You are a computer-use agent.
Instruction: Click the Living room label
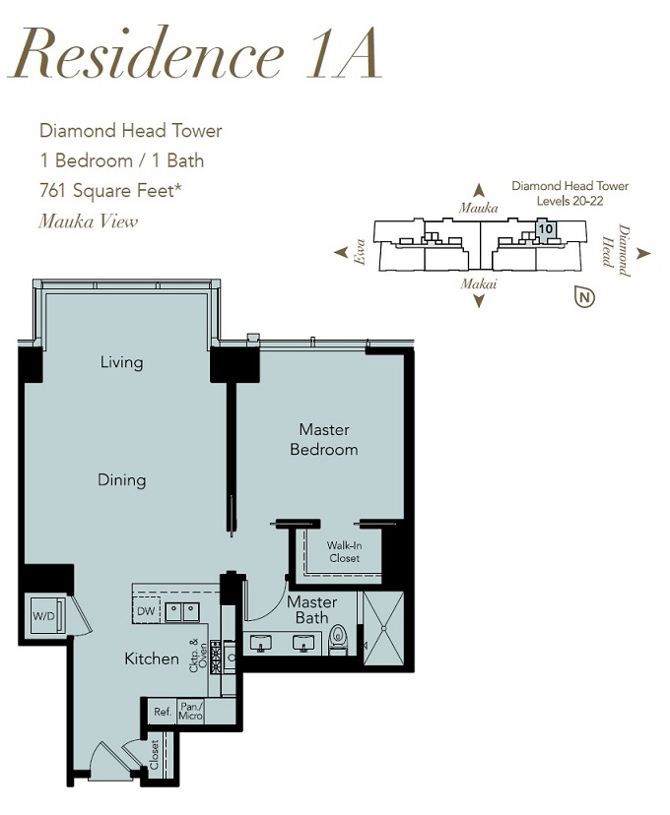click(x=122, y=362)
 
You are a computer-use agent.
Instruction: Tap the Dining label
click(x=122, y=479)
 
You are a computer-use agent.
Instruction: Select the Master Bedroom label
click(x=324, y=439)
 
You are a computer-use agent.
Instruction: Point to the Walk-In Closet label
click(x=344, y=552)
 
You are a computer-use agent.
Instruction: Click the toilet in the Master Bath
click(x=338, y=640)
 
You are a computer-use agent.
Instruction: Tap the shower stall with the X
click(x=383, y=628)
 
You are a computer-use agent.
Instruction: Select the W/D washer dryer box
click(x=47, y=616)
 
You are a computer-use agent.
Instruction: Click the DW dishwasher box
click(x=146, y=611)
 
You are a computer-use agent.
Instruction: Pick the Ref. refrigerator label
click(x=163, y=712)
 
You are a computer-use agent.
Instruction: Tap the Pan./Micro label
click(x=190, y=712)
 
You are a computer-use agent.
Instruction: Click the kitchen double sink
click(x=182, y=612)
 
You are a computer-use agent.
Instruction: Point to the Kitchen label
click(x=152, y=658)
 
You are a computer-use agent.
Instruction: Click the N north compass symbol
click(x=584, y=297)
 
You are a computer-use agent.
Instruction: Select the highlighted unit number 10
click(x=545, y=228)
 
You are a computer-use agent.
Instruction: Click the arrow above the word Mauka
click(x=479, y=190)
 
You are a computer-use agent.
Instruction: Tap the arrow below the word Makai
click(x=479, y=300)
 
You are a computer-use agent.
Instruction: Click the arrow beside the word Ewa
click(x=341, y=253)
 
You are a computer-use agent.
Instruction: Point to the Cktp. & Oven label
click(x=198, y=656)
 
